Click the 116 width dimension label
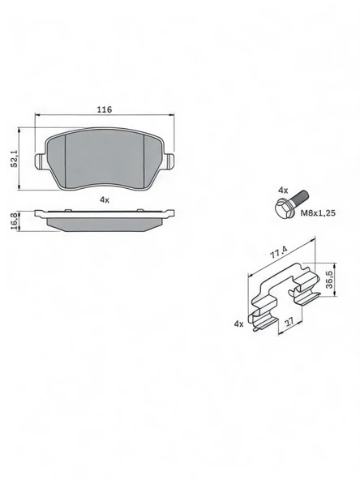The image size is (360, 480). (x=105, y=109)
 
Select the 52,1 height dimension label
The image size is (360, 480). (x=14, y=159)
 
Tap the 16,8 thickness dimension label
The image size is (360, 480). (x=14, y=221)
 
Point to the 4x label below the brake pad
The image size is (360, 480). (x=105, y=200)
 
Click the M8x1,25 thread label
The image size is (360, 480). (x=318, y=212)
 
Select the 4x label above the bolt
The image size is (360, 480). (x=283, y=191)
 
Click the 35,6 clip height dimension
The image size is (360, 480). (x=329, y=280)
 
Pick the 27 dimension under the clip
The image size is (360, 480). (x=289, y=322)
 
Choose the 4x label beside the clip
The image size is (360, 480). (x=238, y=324)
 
